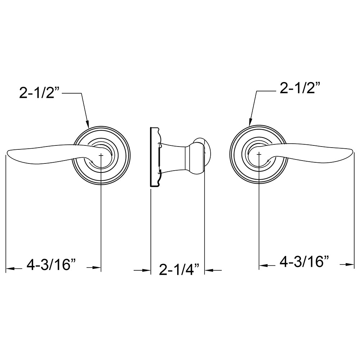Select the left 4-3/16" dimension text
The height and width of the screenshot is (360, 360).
[51, 265]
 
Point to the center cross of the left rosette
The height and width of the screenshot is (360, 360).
[101, 156]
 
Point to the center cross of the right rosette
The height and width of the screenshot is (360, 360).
[259, 153]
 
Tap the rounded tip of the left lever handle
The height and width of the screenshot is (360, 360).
[8, 153]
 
